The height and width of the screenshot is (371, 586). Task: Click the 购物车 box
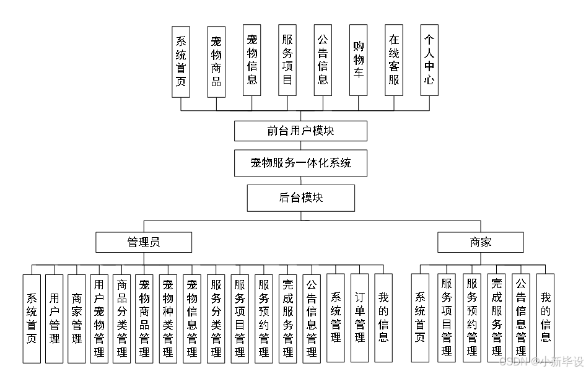tap(359, 60)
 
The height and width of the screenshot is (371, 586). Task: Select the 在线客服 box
tap(394, 60)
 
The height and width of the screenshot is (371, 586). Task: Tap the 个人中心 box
tap(429, 60)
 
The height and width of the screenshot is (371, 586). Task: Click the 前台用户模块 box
tap(300, 131)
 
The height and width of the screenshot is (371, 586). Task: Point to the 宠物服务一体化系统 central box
tap(300, 164)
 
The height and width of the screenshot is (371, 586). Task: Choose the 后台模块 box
tap(300, 198)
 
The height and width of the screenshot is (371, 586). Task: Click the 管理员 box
tap(144, 242)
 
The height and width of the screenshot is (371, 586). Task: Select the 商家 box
tap(481, 242)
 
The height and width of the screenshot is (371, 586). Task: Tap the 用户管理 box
tap(55, 318)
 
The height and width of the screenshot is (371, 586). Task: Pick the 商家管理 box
tap(77, 318)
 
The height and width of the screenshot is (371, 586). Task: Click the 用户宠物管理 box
tap(99, 318)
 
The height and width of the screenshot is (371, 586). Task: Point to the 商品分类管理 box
tap(122, 318)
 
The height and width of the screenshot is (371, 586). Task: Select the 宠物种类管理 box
tap(168, 318)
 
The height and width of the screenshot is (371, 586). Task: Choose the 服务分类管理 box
tap(216, 318)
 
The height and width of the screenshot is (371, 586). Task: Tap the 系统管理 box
tap(336, 318)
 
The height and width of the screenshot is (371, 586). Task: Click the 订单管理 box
tap(359, 318)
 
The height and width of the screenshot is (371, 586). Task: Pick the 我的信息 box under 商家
tap(545, 318)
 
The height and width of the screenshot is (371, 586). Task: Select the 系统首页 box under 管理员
tap(32, 318)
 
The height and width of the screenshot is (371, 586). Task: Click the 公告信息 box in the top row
tap(323, 60)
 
